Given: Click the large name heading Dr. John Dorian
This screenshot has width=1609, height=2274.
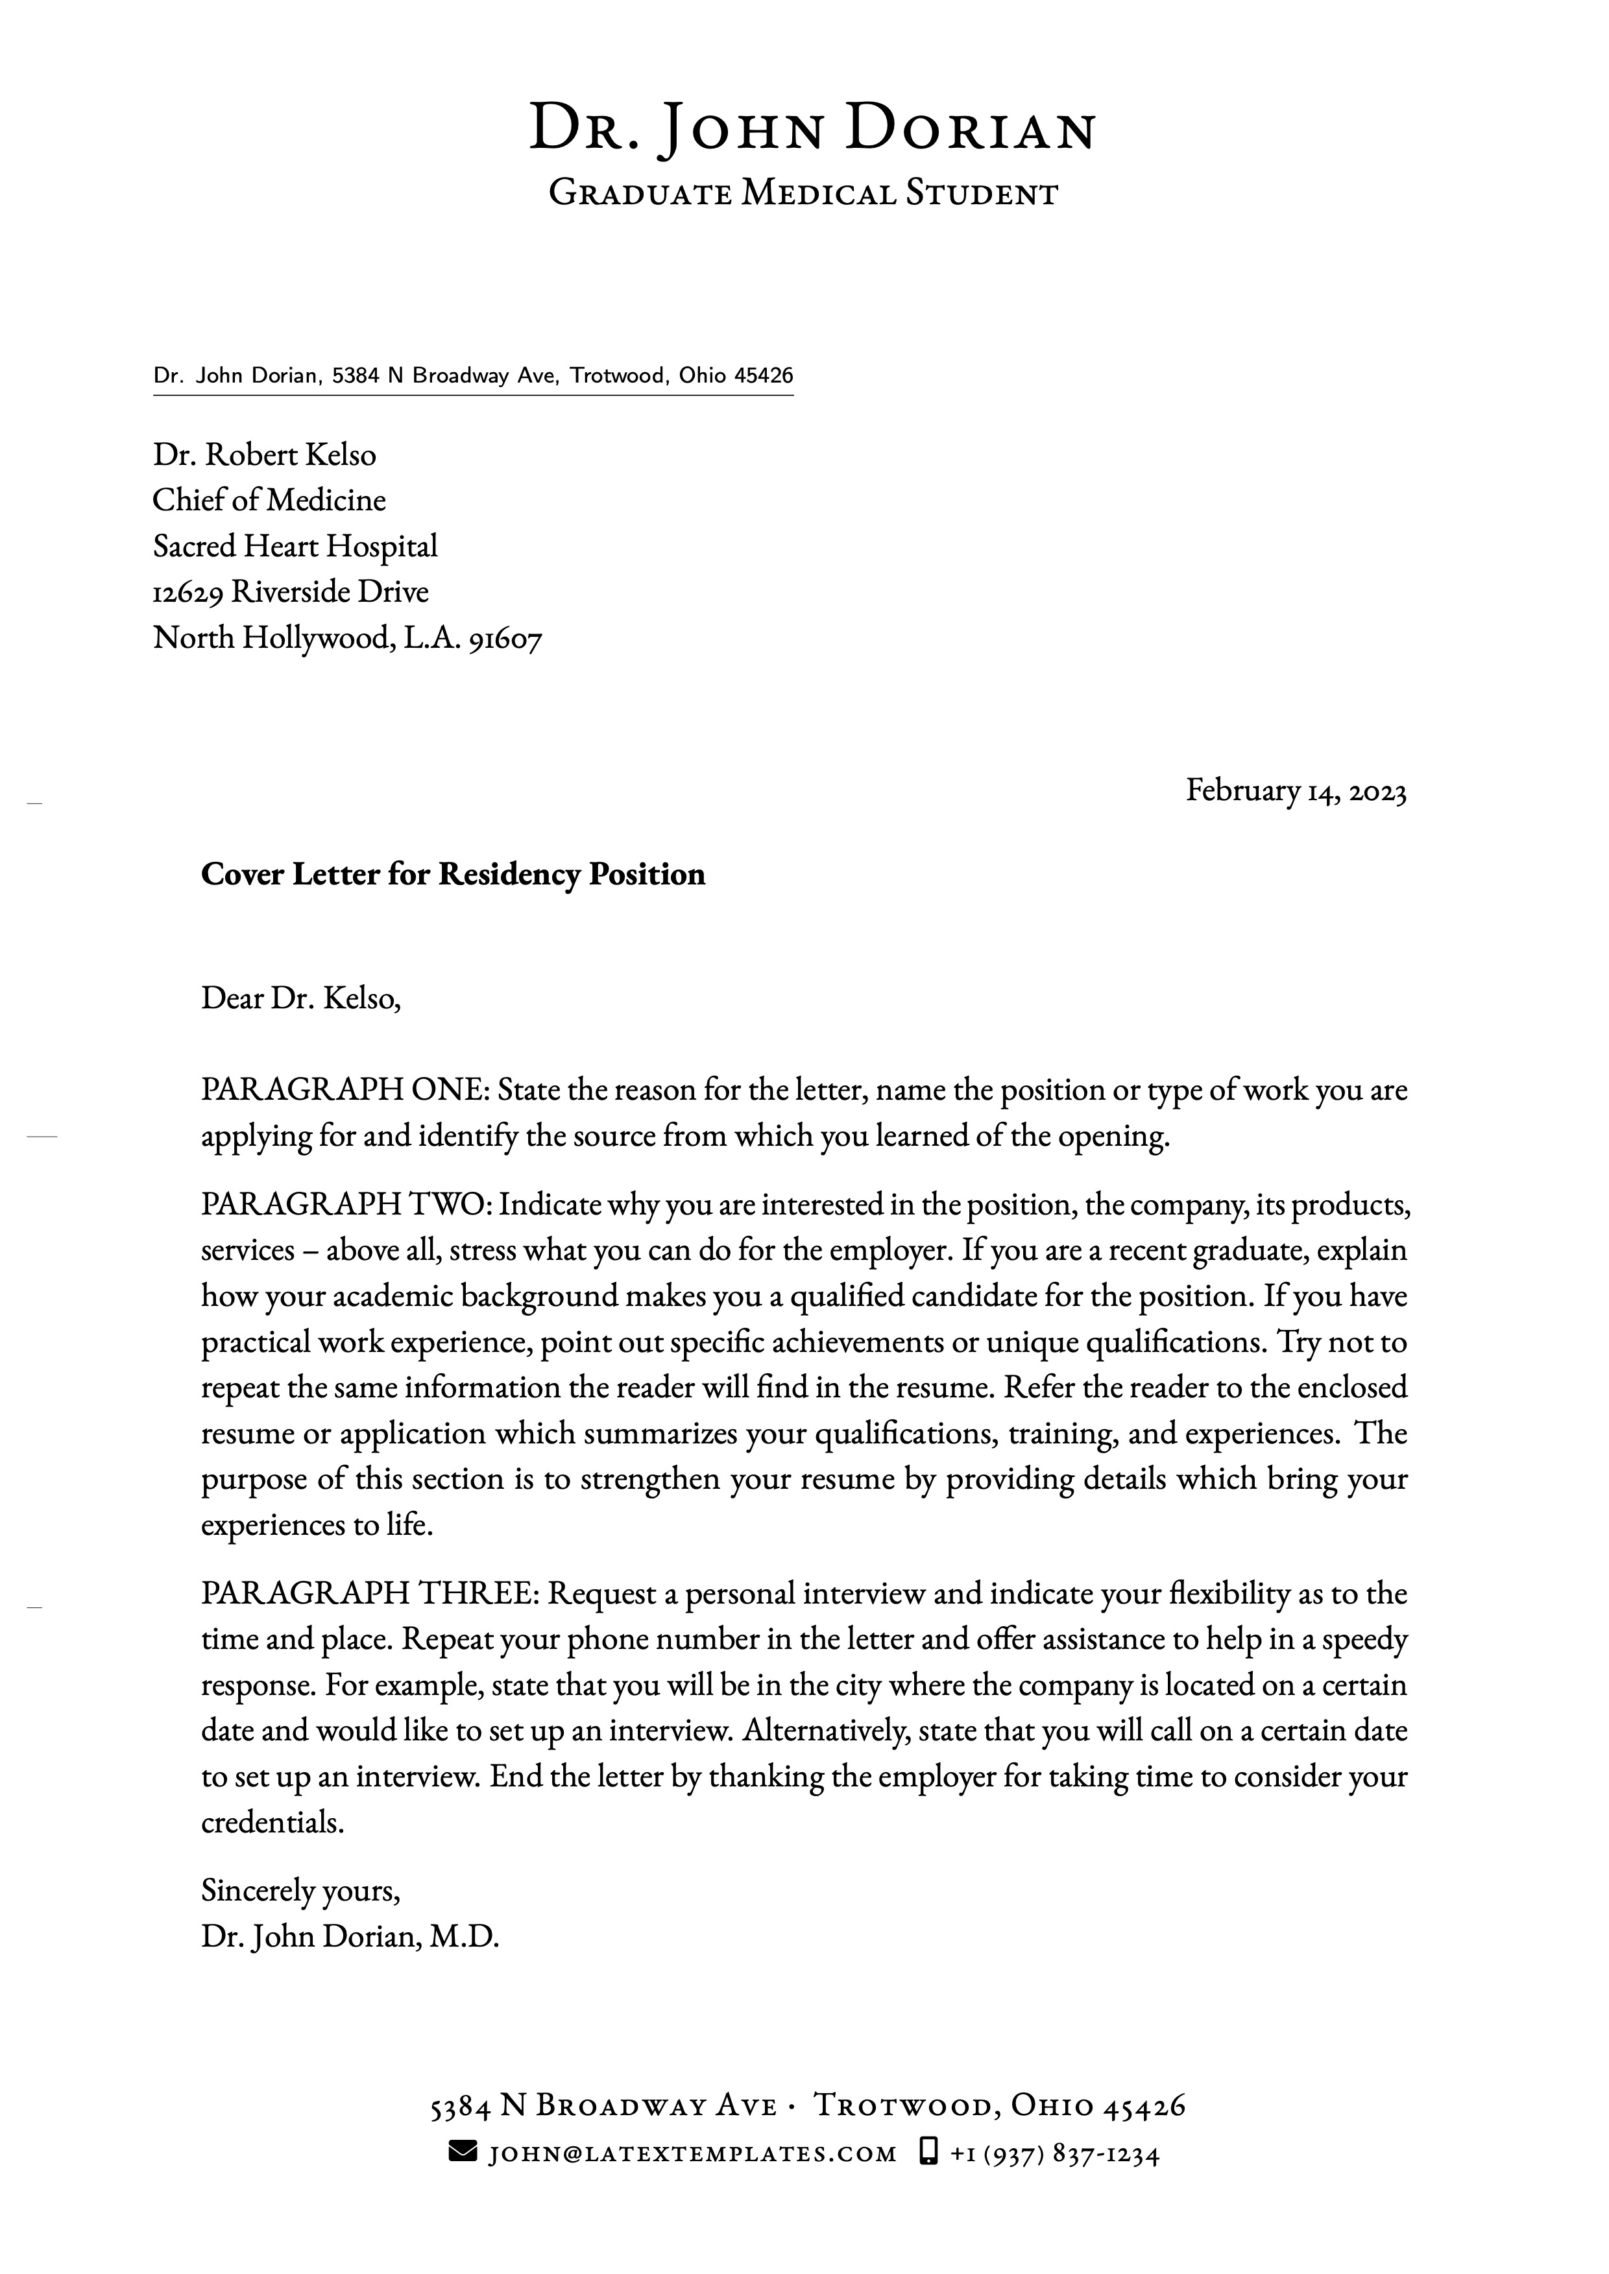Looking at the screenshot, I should (812, 130).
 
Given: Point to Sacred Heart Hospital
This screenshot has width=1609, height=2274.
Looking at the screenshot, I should (295, 546).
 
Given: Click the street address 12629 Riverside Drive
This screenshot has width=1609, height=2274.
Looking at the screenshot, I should (290, 592).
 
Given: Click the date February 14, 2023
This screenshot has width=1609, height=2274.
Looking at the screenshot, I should (1296, 790).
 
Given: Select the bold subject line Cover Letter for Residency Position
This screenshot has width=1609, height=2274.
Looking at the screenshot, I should (453, 875).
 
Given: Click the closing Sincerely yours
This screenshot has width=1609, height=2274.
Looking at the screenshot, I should (300, 1891).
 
